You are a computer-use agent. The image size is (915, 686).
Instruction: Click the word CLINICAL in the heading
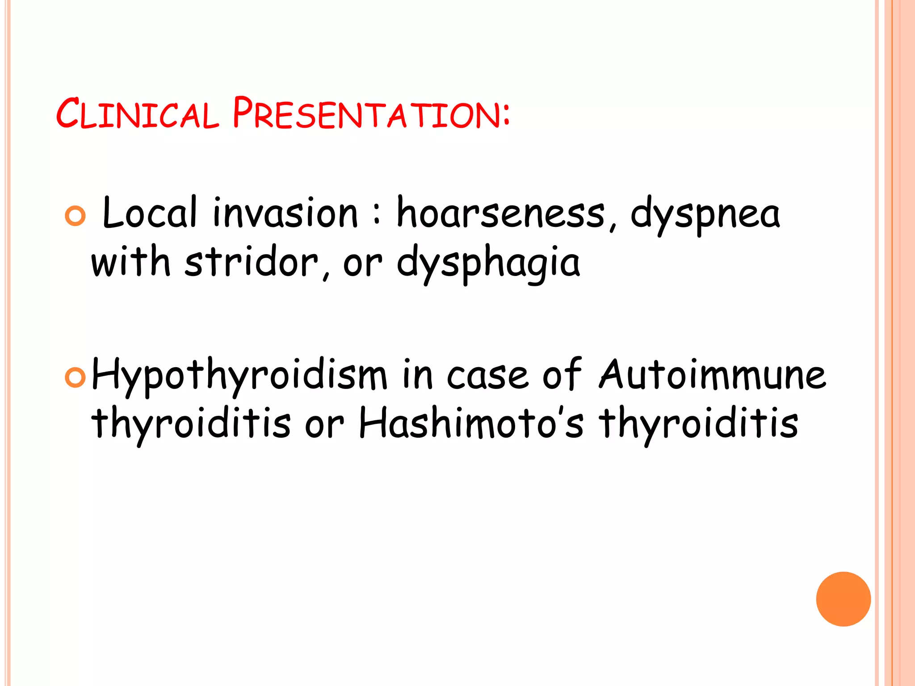pos(138,113)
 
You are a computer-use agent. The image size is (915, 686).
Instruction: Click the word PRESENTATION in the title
pos(366,113)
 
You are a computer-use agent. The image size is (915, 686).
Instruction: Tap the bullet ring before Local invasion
pos(75,216)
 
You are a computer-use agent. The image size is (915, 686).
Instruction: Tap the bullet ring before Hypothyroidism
pos(75,378)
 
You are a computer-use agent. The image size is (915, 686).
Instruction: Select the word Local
pos(150,213)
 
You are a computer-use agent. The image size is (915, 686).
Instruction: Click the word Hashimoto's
pos(471,423)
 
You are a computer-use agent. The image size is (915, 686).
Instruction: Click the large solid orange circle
pos(843,599)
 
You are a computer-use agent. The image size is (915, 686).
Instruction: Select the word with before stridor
pos(131,263)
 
